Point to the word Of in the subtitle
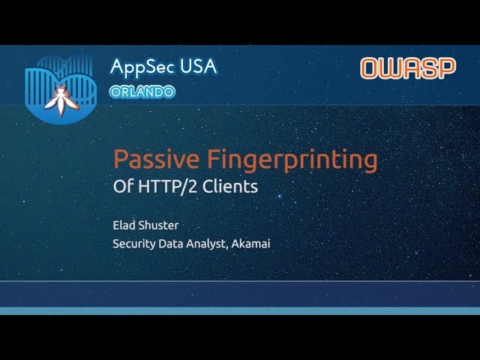(x=122, y=187)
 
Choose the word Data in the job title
(x=174, y=243)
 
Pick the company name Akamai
(x=252, y=243)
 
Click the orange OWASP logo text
(x=408, y=69)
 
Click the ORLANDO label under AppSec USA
(x=142, y=91)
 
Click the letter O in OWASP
(x=370, y=69)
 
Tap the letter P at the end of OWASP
(x=447, y=69)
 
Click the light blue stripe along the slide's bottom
(x=240, y=310)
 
